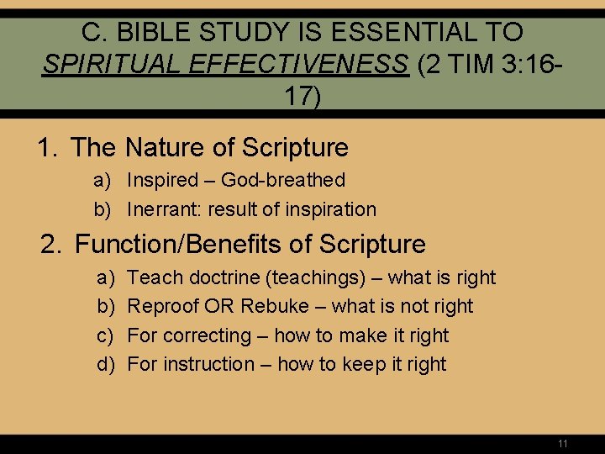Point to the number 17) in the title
tap(302, 96)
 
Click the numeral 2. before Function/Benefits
tap(53, 245)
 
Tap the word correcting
tap(207, 335)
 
